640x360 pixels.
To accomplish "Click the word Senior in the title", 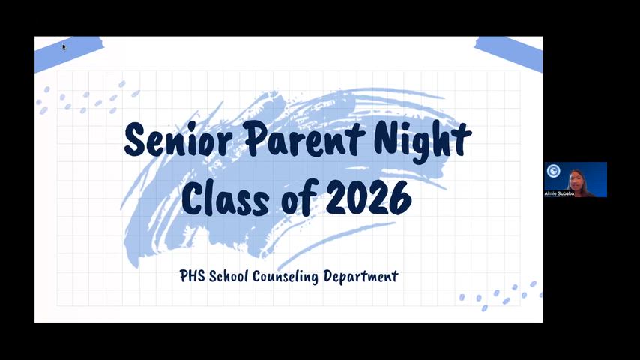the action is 178,139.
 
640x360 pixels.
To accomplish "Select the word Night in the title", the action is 423,142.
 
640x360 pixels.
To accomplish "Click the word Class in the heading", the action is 226,198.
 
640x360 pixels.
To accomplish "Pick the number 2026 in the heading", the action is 369,198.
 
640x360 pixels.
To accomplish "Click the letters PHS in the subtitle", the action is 193,276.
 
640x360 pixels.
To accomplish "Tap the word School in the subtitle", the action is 229,276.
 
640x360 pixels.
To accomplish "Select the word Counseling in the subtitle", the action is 286,277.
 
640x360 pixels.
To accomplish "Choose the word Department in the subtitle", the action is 360,276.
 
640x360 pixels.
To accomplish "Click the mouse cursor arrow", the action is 64,47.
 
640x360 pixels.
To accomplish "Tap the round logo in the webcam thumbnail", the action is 554,171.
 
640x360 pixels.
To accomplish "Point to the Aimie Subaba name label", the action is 559,193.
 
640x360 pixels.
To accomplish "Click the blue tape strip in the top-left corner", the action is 69,53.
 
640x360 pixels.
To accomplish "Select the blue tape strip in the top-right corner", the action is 509,53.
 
